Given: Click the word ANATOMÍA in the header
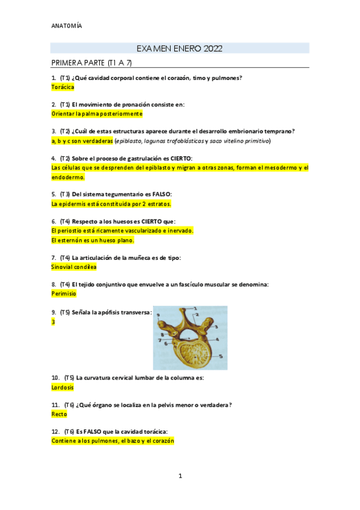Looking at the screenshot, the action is [67, 26].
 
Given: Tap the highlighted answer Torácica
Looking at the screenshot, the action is [63, 87].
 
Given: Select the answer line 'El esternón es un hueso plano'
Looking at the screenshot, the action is [92, 240].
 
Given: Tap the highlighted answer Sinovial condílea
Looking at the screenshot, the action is [74, 266].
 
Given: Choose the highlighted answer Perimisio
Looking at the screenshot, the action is [64, 294].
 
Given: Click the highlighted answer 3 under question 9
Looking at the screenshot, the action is [53, 322].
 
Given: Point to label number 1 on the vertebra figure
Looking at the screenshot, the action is [196, 309].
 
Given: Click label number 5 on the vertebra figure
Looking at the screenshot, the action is [221, 356].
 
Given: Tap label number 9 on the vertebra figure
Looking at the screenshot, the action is [157, 315].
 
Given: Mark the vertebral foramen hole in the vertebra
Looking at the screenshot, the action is [192, 328].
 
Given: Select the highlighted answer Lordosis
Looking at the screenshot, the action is [63, 387].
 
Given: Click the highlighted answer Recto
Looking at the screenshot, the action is [59, 414].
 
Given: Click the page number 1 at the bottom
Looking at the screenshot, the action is [180, 476].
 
